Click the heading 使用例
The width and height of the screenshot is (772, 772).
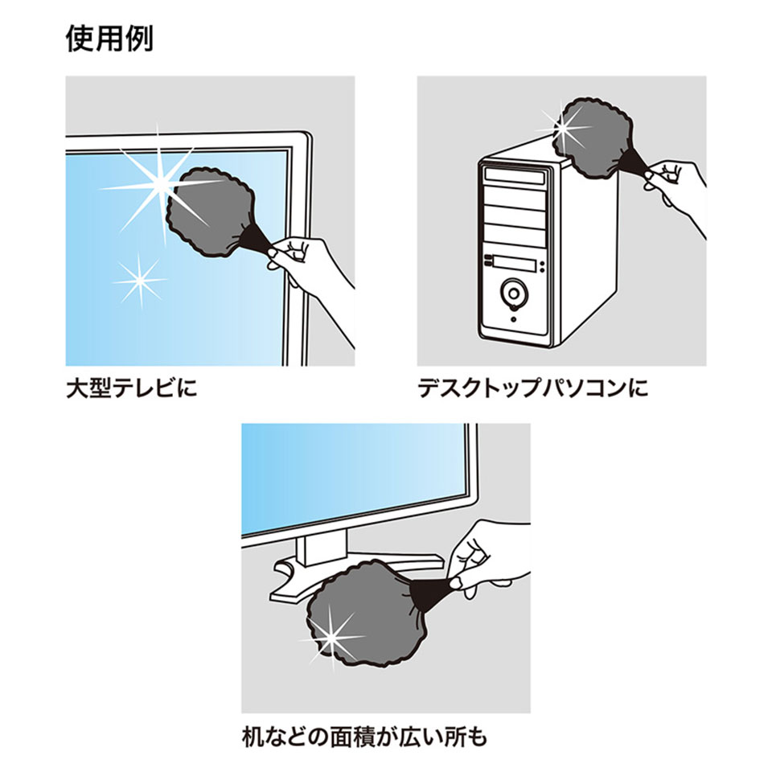[109, 39]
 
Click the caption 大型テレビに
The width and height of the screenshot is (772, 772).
[131, 390]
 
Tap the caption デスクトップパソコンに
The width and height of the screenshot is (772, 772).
[532, 390]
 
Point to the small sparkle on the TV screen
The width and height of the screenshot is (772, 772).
[139, 280]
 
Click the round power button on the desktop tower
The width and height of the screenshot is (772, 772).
[513, 291]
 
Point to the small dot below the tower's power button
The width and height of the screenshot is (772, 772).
[513, 319]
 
